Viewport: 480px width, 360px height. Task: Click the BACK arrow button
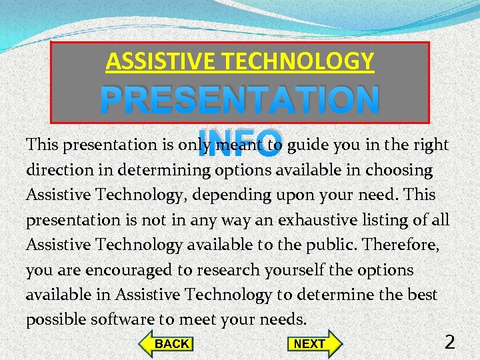166,343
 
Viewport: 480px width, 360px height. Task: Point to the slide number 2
450,342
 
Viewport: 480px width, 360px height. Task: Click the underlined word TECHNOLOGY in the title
297,62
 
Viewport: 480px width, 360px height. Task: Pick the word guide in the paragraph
306,145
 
